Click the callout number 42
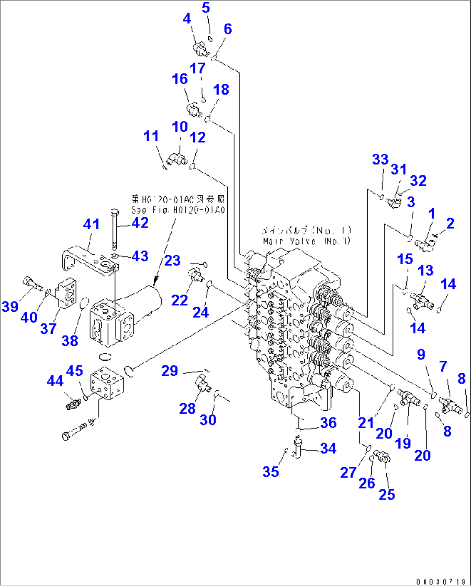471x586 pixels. click(140, 223)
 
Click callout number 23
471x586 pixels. click(172, 260)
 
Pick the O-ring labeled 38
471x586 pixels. click(85, 304)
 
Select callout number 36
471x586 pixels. click(328, 423)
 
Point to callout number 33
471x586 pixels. click(380, 159)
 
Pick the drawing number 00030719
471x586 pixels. click(440, 581)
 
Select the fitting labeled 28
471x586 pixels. click(202, 383)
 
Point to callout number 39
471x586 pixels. click(10, 306)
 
